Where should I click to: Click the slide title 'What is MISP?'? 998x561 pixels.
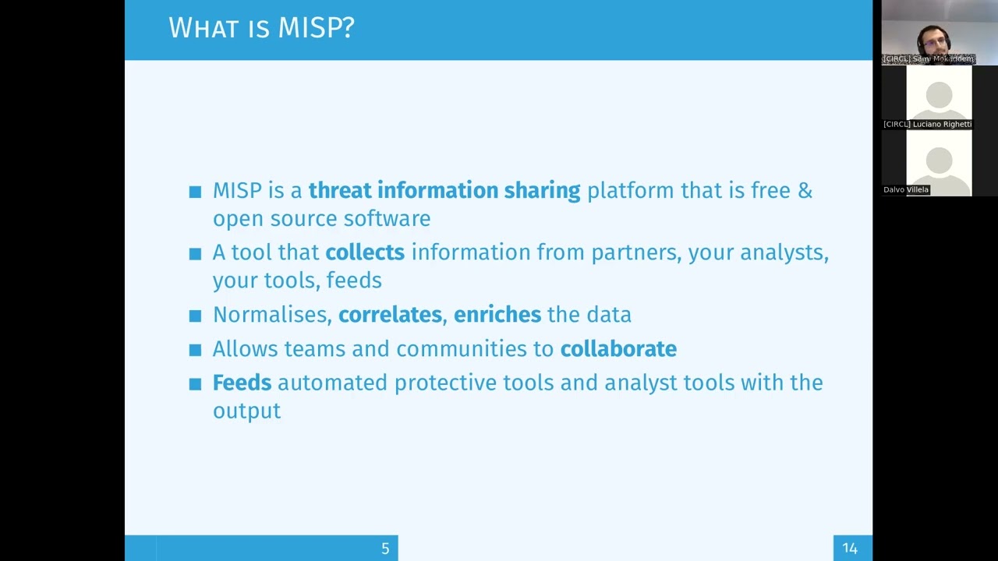pos(261,27)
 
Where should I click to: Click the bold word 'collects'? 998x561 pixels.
pos(365,252)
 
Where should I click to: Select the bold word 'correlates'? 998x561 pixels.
pos(390,314)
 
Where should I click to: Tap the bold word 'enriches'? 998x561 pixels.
pos(497,314)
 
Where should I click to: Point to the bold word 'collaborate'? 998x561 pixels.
pos(618,348)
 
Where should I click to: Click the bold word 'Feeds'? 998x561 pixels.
pos(242,383)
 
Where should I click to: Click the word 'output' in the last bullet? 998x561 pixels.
pos(247,411)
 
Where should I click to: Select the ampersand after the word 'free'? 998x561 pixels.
pos(805,191)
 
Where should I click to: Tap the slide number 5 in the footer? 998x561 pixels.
pos(385,549)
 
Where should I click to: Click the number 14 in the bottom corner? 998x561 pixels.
pos(850,549)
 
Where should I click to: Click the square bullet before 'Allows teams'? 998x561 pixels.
pos(195,350)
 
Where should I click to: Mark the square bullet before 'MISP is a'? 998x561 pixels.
pos(195,192)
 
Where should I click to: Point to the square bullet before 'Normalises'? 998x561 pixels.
pos(195,316)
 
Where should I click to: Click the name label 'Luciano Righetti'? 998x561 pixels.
pos(942,124)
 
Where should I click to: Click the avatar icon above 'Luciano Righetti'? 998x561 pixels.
pos(940,101)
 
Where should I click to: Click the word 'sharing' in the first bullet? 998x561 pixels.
pos(542,192)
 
